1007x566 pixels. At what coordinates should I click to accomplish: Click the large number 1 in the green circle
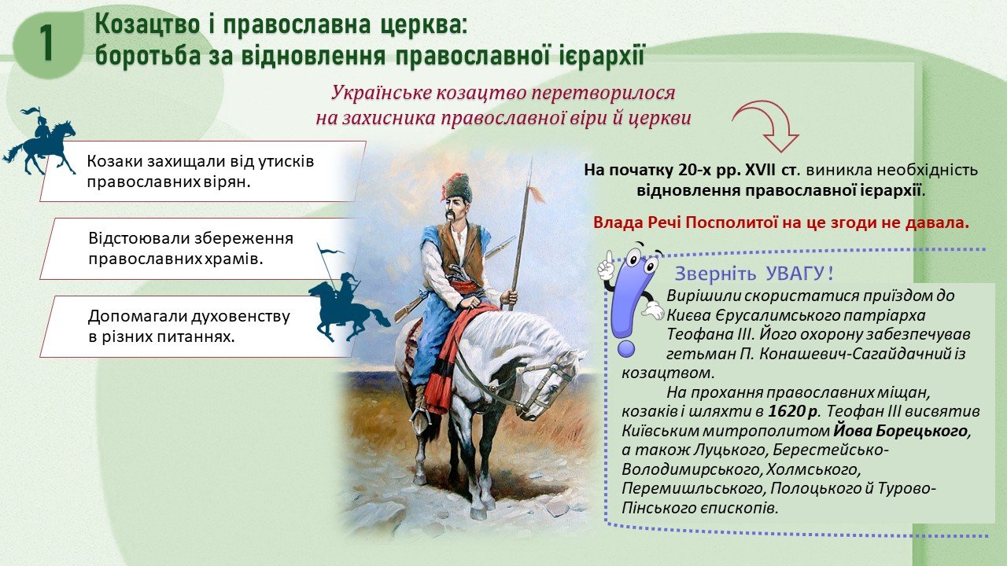[46, 42]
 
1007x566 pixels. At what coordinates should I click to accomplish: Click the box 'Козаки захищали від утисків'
[203, 171]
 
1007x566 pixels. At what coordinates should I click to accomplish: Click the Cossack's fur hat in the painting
[457, 186]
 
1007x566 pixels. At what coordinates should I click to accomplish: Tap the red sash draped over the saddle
[454, 355]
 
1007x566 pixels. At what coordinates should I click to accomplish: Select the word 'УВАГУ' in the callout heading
[795, 273]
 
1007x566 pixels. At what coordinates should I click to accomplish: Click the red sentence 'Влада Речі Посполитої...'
[781, 222]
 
